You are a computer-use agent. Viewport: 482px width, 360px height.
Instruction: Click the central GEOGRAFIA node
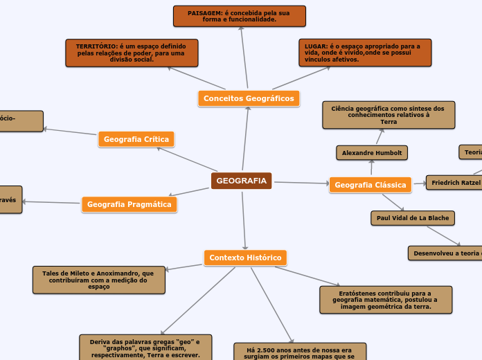coord(241,181)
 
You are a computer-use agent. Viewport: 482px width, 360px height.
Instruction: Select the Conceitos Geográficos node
coord(249,98)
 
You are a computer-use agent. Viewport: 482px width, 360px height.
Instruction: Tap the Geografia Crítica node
coord(136,139)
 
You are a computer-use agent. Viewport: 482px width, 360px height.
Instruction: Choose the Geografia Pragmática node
coord(129,204)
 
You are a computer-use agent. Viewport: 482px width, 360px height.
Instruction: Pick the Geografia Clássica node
coord(370,185)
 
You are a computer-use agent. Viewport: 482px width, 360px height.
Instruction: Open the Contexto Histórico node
coord(245,258)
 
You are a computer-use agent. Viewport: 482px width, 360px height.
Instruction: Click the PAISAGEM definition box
coord(239,16)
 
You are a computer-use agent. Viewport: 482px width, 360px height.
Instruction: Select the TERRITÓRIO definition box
coord(132,53)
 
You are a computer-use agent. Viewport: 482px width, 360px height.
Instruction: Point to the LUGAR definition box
coord(365,53)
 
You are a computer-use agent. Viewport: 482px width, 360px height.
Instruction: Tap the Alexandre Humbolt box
coord(371,152)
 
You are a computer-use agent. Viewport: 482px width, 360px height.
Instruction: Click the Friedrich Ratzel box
coord(454,183)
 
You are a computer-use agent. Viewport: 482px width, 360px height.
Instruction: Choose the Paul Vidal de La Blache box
coord(413,218)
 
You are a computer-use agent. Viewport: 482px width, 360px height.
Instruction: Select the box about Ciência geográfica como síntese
coord(389,115)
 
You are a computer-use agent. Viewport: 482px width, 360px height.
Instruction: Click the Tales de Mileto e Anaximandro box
coord(98,280)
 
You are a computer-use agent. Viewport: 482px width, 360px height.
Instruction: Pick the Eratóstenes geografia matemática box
coord(386,299)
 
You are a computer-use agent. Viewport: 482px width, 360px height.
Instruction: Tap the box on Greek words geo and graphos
coord(145,348)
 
